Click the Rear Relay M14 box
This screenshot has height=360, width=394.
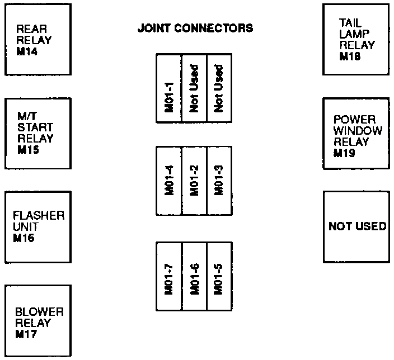click(38, 40)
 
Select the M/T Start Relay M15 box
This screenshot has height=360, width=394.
click(38, 134)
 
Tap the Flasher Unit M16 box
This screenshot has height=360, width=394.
click(38, 227)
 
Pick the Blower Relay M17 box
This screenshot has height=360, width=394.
click(38, 321)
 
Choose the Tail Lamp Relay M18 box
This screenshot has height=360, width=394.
click(356, 40)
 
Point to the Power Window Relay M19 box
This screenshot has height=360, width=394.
click(356, 134)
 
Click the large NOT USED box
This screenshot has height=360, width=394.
click(357, 227)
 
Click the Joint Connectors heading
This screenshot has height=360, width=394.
click(195, 28)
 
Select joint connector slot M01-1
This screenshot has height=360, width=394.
click(169, 88)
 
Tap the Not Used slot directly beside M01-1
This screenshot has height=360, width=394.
click(194, 88)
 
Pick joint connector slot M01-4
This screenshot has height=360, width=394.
click(169, 181)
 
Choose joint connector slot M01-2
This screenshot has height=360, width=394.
click(194, 181)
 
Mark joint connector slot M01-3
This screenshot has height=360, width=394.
click(219, 181)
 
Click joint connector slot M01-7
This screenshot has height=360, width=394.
click(169, 276)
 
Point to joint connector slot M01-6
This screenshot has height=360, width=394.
click(194, 276)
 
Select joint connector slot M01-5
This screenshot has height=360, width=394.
click(219, 276)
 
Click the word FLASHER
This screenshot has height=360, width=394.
click(39, 215)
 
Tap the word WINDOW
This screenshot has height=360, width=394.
click(358, 131)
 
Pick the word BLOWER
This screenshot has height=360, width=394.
click(39, 312)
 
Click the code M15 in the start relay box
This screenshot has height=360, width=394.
click(28, 150)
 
